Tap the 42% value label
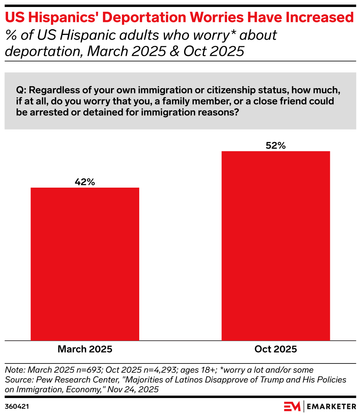pos(85,182)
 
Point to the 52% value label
pos(276,145)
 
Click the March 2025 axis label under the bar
pos(85,349)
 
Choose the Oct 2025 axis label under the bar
pos(276,349)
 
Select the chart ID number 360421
pos(17,406)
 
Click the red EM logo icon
pos(292,406)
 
